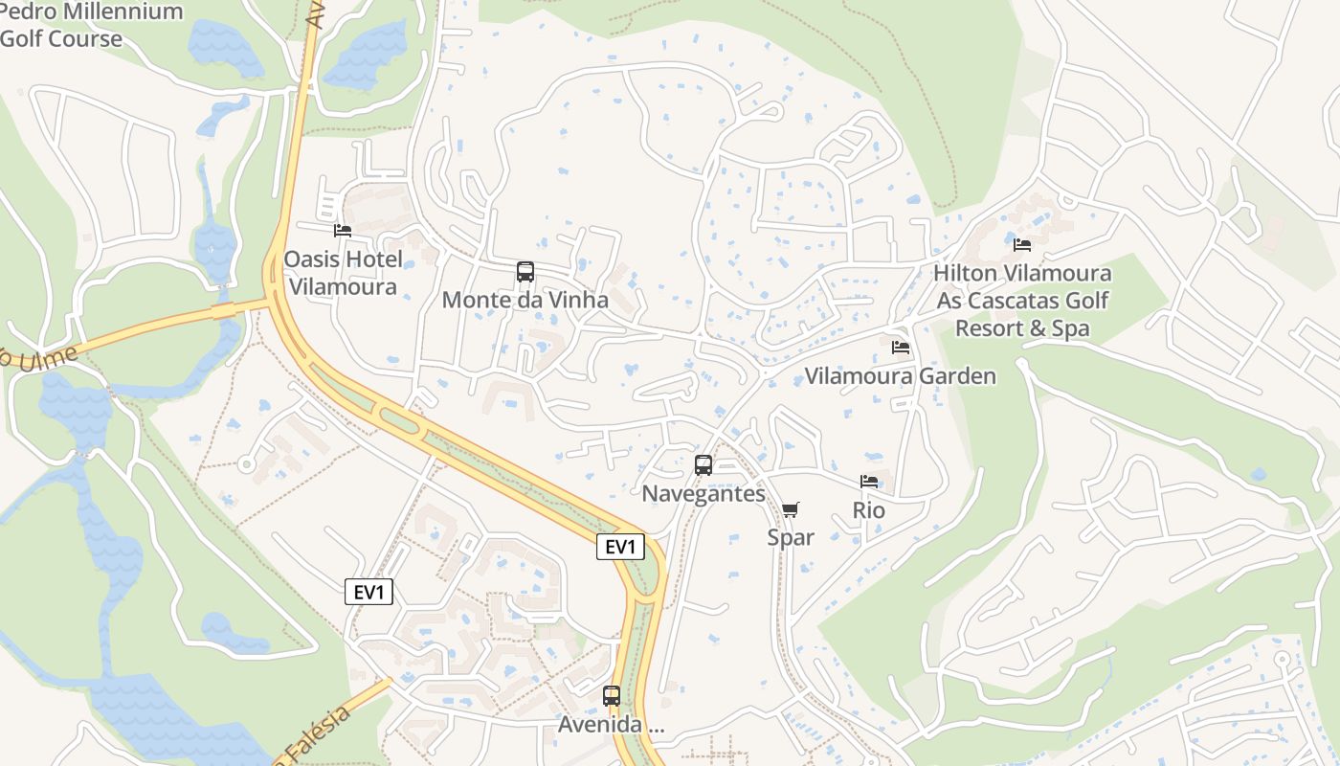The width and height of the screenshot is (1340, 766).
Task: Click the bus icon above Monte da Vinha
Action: [525, 272]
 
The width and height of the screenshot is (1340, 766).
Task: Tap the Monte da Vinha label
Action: [525, 301]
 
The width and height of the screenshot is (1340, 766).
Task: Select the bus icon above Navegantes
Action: [703, 465]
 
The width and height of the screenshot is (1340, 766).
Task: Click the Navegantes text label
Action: [703, 494]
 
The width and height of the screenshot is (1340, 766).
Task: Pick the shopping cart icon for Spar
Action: [790, 510]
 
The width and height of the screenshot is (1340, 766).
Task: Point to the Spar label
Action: [791, 538]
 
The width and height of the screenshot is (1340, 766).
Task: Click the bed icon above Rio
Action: [869, 482]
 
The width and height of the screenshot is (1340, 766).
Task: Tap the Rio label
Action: [869, 511]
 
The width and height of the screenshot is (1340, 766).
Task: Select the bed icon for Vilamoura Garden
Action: [901, 348]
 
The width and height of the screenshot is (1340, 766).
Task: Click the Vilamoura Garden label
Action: [900, 376]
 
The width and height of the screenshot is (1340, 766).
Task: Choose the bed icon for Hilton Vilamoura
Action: [1022, 245]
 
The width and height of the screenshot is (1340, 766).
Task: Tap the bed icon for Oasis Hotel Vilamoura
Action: [342, 231]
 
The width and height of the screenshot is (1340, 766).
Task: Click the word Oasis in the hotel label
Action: [312, 260]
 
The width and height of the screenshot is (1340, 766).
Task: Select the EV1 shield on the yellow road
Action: [621, 548]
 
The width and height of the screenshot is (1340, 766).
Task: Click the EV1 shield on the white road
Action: [368, 593]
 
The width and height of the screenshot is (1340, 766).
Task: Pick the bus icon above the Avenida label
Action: [612, 696]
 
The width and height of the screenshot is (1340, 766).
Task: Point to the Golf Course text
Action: [61, 39]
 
